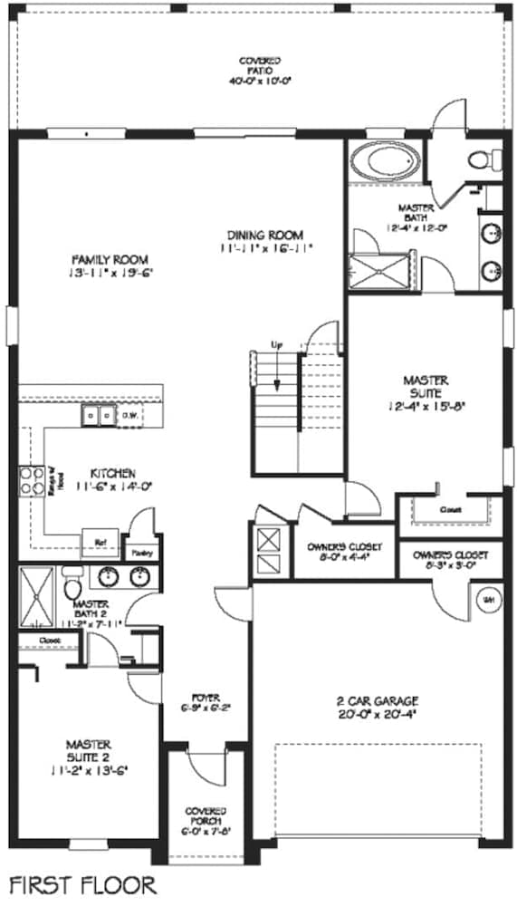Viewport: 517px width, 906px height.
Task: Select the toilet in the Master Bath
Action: (482, 159)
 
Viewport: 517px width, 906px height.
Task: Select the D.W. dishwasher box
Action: (129, 415)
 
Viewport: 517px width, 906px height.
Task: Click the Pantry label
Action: (141, 552)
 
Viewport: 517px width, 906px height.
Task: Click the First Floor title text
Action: (82, 882)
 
